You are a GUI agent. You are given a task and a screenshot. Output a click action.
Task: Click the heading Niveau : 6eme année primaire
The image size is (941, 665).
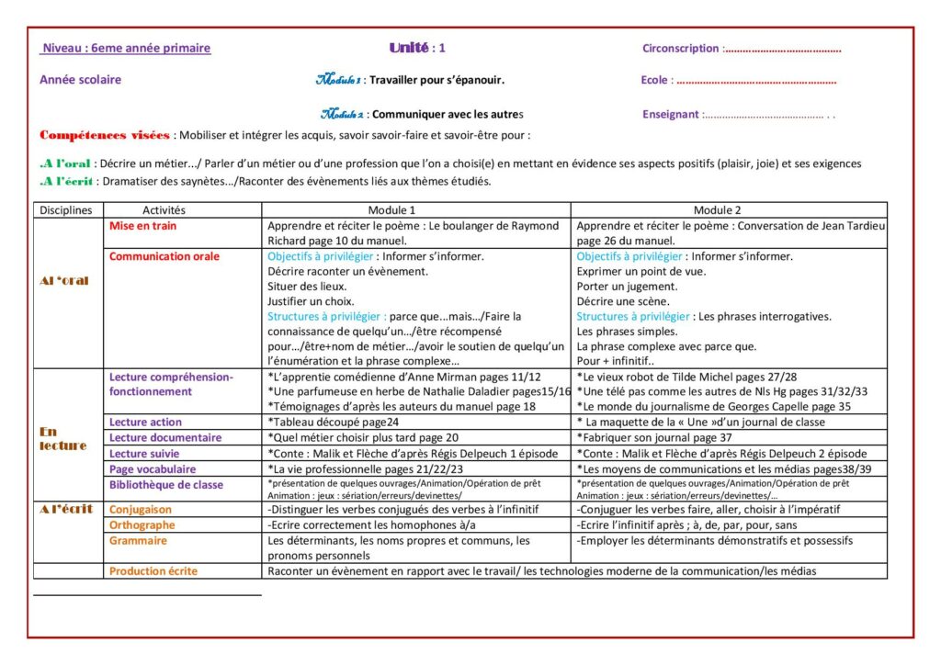click(126, 49)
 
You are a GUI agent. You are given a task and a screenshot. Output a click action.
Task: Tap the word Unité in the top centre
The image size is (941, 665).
click(409, 48)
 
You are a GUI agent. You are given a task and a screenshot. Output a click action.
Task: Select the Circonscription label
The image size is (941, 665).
click(681, 49)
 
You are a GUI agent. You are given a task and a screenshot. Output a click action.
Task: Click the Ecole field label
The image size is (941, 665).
click(654, 80)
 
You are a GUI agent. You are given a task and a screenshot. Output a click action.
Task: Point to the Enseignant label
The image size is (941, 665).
click(671, 115)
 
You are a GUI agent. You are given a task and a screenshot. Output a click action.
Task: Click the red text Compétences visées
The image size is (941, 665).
click(105, 136)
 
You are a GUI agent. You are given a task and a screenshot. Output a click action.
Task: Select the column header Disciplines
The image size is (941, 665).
click(66, 210)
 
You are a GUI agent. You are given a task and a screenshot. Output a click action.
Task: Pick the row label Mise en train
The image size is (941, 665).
click(142, 226)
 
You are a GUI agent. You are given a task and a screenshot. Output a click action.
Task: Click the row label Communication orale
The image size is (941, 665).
click(164, 257)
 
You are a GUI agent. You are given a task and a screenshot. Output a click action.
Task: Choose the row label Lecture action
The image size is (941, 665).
click(145, 423)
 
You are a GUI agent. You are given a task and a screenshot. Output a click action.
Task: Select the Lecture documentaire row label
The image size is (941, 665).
click(165, 438)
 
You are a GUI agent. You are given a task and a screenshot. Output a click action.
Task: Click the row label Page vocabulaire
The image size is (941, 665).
click(153, 469)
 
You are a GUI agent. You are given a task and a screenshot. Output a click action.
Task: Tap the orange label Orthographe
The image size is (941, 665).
click(142, 525)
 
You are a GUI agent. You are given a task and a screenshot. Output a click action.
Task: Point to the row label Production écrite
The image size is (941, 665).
click(153, 571)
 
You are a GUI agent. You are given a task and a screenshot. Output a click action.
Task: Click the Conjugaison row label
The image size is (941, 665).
click(141, 510)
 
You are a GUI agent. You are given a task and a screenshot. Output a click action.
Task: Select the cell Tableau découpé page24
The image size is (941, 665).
click(333, 423)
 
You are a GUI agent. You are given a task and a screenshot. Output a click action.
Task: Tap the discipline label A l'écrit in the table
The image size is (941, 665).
click(67, 509)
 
